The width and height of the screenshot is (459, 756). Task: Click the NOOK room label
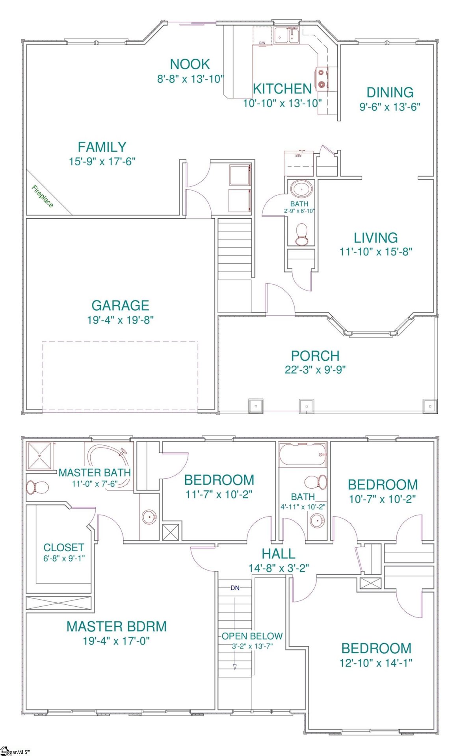[x=190, y=64]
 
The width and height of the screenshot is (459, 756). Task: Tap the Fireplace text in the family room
[x=42, y=196]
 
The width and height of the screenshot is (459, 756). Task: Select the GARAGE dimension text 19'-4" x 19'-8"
[x=120, y=320]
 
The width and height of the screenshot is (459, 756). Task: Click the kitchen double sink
[x=286, y=36]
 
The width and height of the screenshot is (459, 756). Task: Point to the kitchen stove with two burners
[x=322, y=78]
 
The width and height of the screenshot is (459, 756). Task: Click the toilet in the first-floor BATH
[x=302, y=235]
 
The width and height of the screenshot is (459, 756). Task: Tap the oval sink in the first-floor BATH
[x=302, y=189]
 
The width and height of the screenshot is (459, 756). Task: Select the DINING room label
[x=390, y=93]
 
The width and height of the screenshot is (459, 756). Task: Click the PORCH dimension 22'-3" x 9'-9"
[x=315, y=370]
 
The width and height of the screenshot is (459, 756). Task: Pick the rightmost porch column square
[x=430, y=406]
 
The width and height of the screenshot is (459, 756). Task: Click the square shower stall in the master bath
[x=39, y=456]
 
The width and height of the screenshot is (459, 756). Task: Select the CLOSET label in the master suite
[x=63, y=548]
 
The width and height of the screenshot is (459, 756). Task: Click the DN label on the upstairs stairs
[x=235, y=588]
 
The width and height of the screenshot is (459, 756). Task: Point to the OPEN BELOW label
[x=252, y=636]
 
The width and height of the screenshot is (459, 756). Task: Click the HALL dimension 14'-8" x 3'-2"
[x=279, y=568]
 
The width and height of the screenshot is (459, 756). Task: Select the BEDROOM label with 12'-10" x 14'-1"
[x=376, y=649]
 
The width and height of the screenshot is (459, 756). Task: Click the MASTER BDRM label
[x=116, y=626]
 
